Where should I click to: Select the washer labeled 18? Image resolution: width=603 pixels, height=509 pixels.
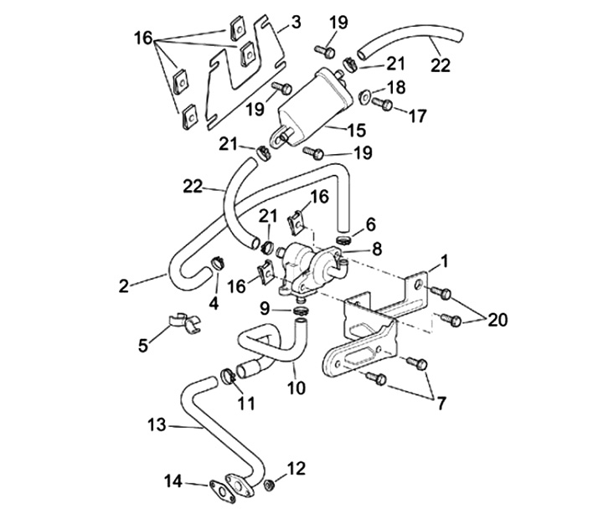367,94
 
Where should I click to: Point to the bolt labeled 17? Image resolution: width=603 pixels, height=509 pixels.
384,105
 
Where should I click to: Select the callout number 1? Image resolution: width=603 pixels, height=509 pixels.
444,260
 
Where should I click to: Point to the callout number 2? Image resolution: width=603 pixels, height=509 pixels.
124,285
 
